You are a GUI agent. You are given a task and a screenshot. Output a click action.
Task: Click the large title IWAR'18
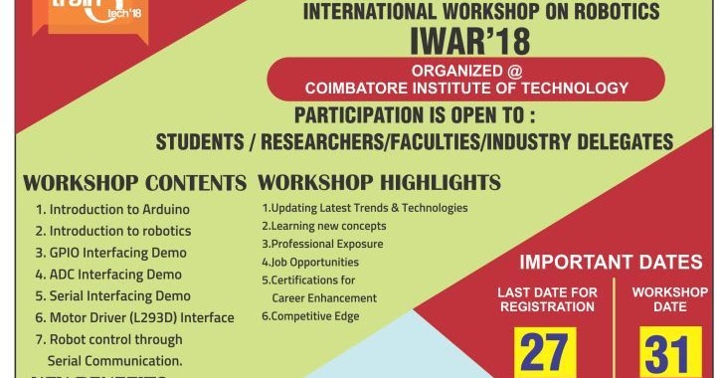tap(465, 41)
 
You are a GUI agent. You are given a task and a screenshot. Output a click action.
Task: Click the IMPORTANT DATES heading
tap(611, 263)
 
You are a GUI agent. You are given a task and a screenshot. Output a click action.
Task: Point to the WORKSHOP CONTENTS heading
tap(134, 184)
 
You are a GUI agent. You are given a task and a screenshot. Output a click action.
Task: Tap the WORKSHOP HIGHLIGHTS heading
tap(379, 183)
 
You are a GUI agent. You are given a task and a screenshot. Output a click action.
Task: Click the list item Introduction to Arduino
tap(112, 210)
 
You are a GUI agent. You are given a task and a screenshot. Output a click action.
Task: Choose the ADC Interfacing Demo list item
tap(108, 275)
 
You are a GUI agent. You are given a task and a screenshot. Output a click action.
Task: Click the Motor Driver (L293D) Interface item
tap(135, 318)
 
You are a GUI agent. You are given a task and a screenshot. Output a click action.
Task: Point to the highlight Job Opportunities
tap(310, 262)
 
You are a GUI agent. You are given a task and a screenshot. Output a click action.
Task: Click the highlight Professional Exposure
tap(316, 244)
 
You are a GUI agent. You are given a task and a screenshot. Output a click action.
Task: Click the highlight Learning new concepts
tap(324, 226)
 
